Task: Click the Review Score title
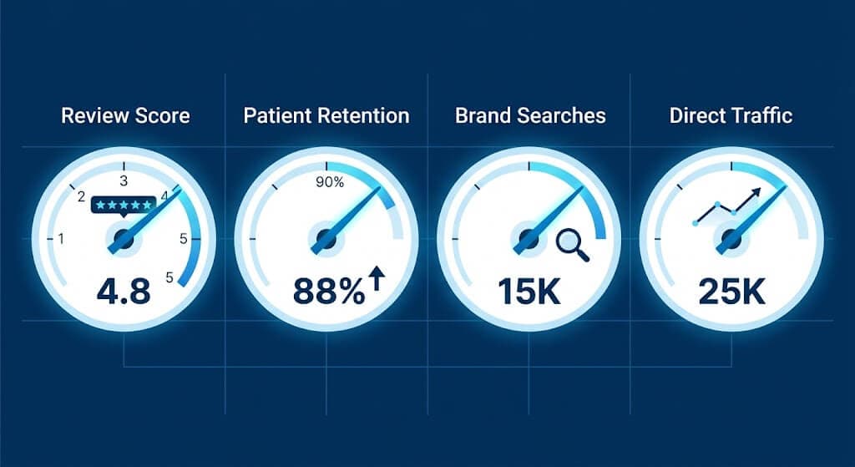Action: click(x=125, y=115)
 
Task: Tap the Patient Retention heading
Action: click(x=326, y=115)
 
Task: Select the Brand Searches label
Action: click(x=530, y=115)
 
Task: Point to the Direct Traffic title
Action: click(x=731, y=115)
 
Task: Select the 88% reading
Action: click(x=328, y=292)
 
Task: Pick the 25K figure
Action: click(x=731, y=292)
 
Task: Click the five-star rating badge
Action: click(x=124, y=204)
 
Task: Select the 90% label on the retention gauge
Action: click(x=328, y=183)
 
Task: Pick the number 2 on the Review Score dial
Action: click(x=82, y=198)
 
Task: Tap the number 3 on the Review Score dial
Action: click(x=124, y=180)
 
